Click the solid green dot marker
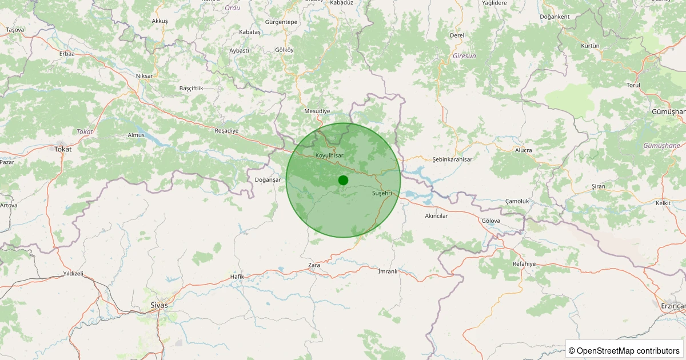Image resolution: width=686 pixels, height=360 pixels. [x=343, y=180]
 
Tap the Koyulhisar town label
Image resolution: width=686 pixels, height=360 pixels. [x=329, y=155]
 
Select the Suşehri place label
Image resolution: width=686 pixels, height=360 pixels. [x=382, y=194]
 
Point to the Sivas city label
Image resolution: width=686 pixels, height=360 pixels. [x=159, y=305]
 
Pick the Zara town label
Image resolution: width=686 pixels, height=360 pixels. [x=314, y=265]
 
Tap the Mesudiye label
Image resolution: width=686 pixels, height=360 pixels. [x=317, y=111]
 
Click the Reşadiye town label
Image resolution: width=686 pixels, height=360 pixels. [x=226, y=131]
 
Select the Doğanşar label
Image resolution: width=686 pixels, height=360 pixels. [x=268, y=179]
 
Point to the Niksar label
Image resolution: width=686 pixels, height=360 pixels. [x=145, y=76]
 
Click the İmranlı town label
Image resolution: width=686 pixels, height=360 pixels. [x=388, y=271]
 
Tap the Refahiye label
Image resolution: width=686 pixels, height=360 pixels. [x=524, y=263]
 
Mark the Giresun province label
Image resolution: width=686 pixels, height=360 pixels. [x=464, y=56]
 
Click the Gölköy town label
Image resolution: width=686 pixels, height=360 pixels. [x=284, y=50]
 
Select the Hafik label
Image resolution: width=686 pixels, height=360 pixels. [x=237, y=277]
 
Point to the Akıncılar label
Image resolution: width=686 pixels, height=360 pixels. [x=436, y=216]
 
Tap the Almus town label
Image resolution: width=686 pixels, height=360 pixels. [x=136, y=135]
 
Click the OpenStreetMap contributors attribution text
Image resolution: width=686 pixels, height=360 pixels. [x=625, y=350]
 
